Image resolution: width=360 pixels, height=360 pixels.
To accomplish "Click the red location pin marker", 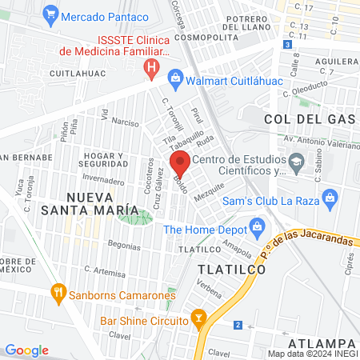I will coord(180,163).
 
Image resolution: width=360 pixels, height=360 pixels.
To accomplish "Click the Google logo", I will coord(26,350).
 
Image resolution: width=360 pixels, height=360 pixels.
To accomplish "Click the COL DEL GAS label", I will coord(309,118).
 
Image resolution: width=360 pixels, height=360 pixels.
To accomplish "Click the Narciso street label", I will coord(125,122).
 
